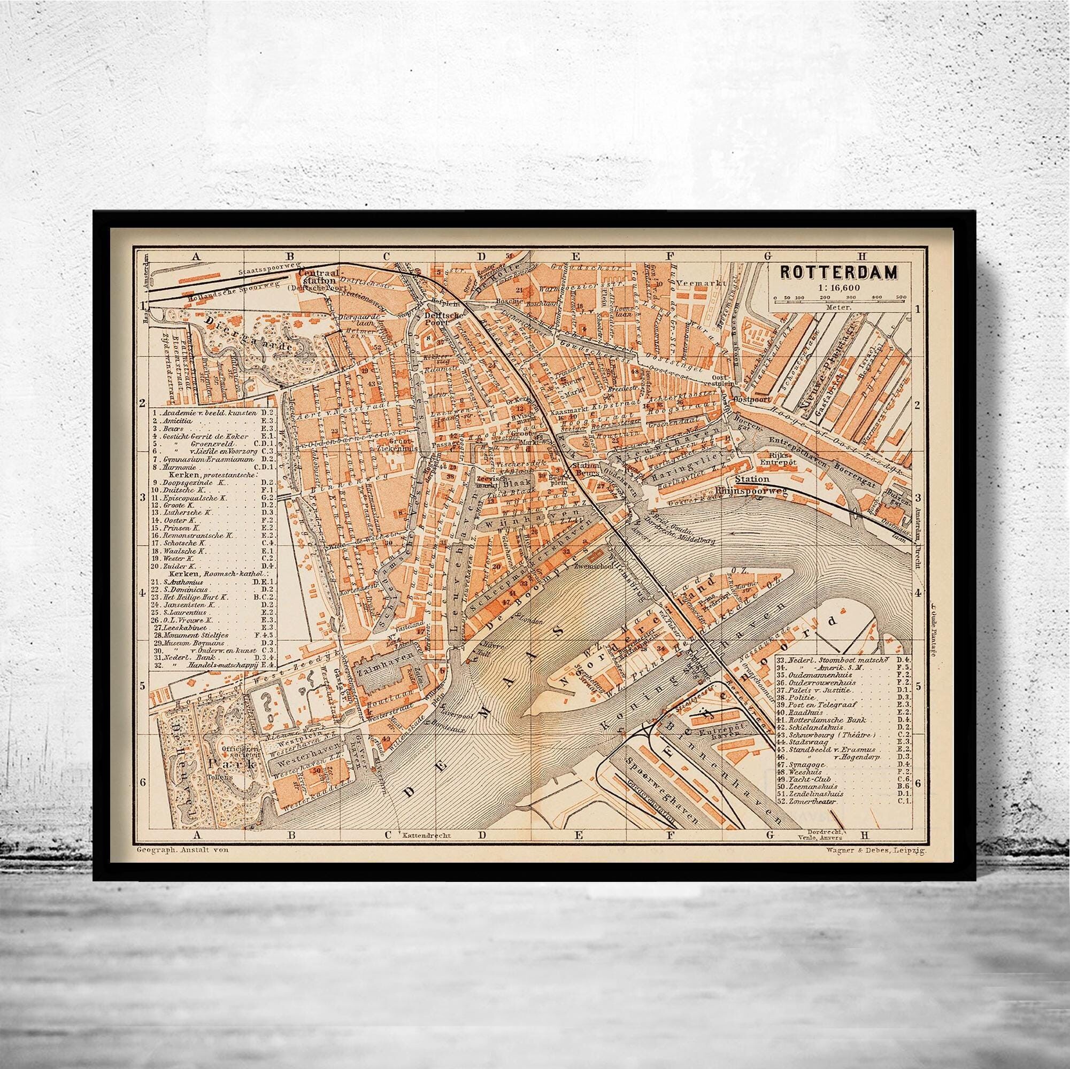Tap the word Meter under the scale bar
pyautogui.click(x=837, y=306)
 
